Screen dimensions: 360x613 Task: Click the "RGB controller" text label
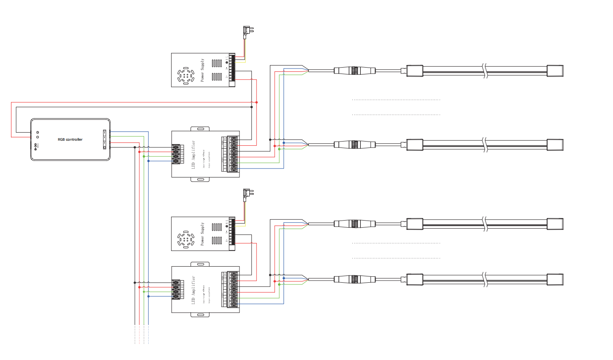pos(70,139)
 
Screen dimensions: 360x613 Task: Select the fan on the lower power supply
pos(185,240)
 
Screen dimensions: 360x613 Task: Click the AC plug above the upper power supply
pos(248,30)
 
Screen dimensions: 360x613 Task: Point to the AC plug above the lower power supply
pos(248,194)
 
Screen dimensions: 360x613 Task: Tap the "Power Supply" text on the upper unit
pos(202,70)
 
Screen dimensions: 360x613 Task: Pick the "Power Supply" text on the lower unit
pos(202,234)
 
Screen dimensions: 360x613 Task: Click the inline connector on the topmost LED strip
pos(354,71)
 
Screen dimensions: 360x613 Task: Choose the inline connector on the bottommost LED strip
pos(354,279)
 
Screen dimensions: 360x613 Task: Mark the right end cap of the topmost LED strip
pos(555,71)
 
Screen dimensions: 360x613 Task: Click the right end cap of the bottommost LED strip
pos(555,279)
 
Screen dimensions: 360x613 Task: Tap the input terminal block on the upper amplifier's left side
pos(176,154)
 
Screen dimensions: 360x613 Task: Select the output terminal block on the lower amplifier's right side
pos(233,289)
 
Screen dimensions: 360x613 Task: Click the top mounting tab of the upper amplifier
pos(200,128)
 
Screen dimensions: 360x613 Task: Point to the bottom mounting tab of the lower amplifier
pos(200,315)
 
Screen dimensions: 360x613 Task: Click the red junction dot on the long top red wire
pos(256,102)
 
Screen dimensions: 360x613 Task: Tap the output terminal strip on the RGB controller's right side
pos(104,139)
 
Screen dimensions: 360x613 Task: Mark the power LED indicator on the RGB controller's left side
pos(37,133)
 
